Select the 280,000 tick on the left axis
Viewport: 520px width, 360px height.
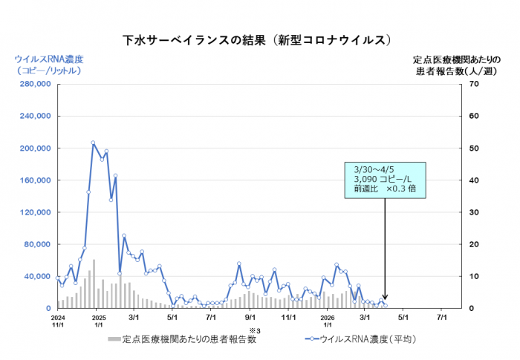(x=34, y=85)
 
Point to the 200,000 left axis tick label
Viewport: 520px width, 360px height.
(x=34, y=148)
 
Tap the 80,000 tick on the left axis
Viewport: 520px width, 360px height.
(x=36, y=244)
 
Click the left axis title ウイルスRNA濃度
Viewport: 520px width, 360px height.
(x=49, y=59)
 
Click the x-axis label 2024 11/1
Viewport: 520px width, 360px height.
(x=59, y=320)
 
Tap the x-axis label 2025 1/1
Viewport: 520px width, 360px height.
(x=99, y=320)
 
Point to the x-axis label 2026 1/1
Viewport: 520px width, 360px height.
(x=328, y=320)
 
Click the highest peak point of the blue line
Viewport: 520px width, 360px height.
(x=93, y=143)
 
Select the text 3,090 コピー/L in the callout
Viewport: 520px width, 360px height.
(x=382, y=180)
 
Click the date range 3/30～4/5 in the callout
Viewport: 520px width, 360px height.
(x=376, y=169)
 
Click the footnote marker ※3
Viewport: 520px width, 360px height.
(x=253, y=330)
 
